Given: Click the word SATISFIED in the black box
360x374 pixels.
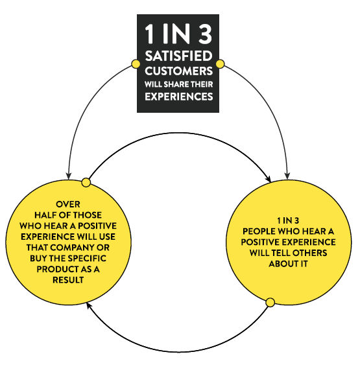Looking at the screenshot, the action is pyautogui.click(x=178, y=56).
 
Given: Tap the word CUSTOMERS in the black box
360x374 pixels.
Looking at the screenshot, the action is pyautogui.click(x=178, y=71).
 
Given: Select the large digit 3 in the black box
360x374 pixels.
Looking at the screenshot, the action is pyautogui.click(x=205, y=34).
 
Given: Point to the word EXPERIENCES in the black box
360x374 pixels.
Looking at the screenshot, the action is pyautogui.click(x=178, y=97).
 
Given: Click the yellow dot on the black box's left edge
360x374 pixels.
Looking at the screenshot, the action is pyautogui.click(x=136, y=64).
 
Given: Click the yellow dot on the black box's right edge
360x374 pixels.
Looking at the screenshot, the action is pyautogui.click(x=220, y=64).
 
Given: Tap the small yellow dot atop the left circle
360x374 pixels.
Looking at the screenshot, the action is pyautogui.click(x=86, y=183).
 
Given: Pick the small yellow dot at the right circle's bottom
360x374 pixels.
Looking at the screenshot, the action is pyautogui.click(x=270, y=303).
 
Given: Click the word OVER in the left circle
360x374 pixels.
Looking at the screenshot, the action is pyautogui.click(x=68, y=204).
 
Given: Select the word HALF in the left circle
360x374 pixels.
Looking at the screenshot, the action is pyautogui.click(x=45, y=215).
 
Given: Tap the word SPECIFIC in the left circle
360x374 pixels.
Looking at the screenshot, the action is pyautogui.click(x=87, y=259).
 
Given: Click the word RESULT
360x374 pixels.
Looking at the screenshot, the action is pyautogui.click(x=68, y=280).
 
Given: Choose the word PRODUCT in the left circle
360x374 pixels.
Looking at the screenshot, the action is pyautogui.click(x=55, y=269).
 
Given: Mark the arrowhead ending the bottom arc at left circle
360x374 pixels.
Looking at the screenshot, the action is pyautogui.click(x=89, y=305).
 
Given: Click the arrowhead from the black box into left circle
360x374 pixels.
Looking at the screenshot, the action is pyautogui.click(x=69, y=176).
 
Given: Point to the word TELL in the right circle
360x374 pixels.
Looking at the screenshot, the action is pyautogui.click(x=280, y=253).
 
